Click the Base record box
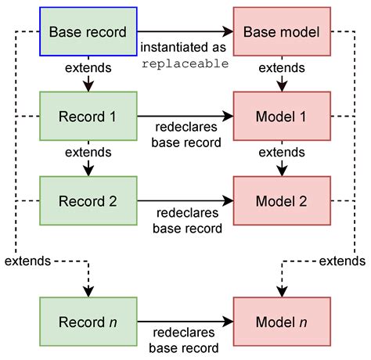click(88, 32)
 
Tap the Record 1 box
click(88, 117)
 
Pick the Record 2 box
click(88, 200)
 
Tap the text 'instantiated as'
click(185, 49)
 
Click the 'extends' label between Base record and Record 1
click(88, 68)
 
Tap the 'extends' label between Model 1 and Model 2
click(282, 152)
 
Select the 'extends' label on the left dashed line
click(28, 260)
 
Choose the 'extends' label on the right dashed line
click(342, 260)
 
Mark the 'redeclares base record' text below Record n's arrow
click(185, 339)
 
